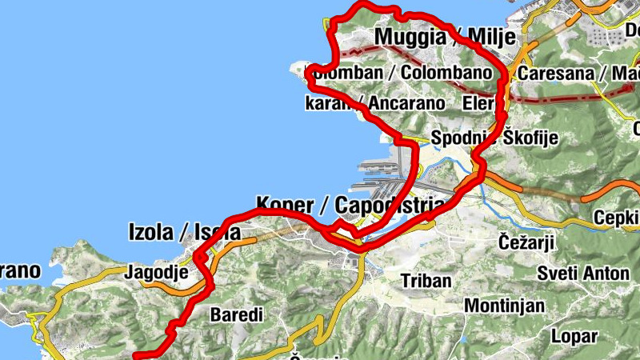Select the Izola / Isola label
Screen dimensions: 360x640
pyautogui.click(x=184, y=232)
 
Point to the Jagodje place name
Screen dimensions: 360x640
pyautogui.click(x=157, y=273)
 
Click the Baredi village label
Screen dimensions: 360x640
pyautogui.click(x=236, y=315)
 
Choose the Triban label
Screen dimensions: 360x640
pyautogui.click(x=426, y=281)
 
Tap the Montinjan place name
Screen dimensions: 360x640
pyautogui.click(x=505, y=306)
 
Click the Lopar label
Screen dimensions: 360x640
pyautogui.click(x=574, y=336)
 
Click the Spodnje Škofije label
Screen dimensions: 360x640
pyautogui.click(x=494, y=138)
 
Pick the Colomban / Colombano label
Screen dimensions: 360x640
pyautogui.click(x=398, y=73)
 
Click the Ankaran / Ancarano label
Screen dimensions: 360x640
pyautogui.click(x=374, y=103)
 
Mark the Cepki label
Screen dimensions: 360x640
pyautogui.click(x=616, y=218)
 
